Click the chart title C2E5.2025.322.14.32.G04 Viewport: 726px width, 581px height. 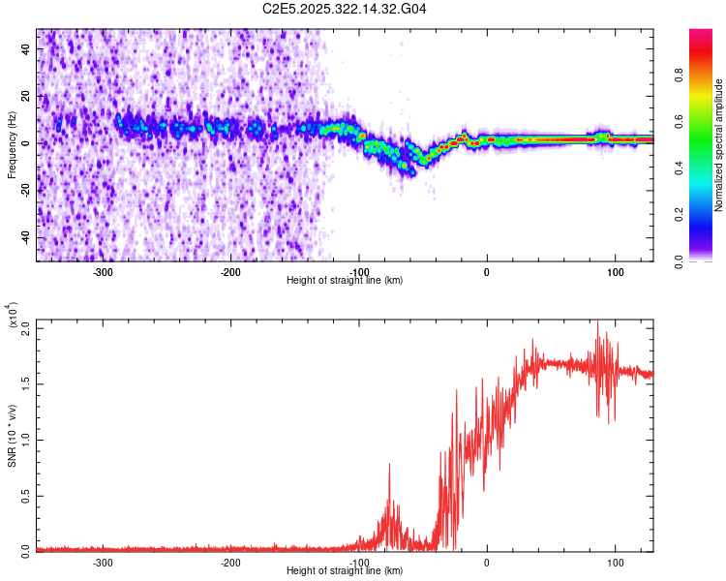tap(345, 9)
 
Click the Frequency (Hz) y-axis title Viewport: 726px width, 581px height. tap(12, 144)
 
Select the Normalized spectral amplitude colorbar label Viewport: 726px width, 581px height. tap(719, 145)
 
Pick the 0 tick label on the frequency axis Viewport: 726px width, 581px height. tap(26, 143)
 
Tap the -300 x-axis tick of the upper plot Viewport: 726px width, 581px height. tap(103, 272)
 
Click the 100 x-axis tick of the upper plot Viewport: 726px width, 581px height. tap(615, 272)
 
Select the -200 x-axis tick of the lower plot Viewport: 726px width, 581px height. tap(230, 563)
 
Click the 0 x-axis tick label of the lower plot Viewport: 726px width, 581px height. tap(487, 563)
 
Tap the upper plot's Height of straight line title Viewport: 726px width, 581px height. tap(345, 281)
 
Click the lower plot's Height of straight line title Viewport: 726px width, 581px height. tap(345, 571)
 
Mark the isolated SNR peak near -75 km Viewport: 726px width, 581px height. tap(389, 465)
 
